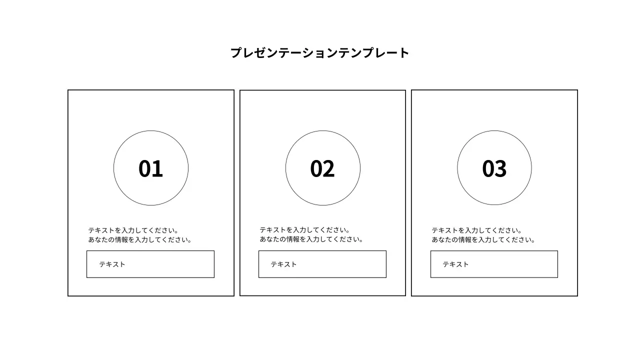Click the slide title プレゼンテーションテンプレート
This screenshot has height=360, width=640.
pos(319,53)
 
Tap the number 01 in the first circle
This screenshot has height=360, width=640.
pos(150,168)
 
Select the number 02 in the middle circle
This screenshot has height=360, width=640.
pos(322,168)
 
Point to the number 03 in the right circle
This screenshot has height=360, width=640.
pos(494,168)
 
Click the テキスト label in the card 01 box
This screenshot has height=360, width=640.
pos(112,264)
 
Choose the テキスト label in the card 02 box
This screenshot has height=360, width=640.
pos(283,264)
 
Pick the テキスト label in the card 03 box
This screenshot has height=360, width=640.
pos(455,264)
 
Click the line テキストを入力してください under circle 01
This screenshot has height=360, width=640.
pos(133,230)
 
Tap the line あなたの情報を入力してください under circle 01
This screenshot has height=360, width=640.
pos(140,239)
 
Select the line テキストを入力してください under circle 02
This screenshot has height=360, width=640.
pos(305,230)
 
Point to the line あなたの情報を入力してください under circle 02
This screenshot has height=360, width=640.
pos(311,239)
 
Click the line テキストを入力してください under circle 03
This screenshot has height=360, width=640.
pos(477,230)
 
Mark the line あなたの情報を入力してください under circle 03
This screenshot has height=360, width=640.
pos(483,239)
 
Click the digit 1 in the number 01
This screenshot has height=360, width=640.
pos(157,168)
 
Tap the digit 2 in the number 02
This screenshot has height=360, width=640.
pos(329,168)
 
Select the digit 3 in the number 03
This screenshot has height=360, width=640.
pos(501,168)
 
